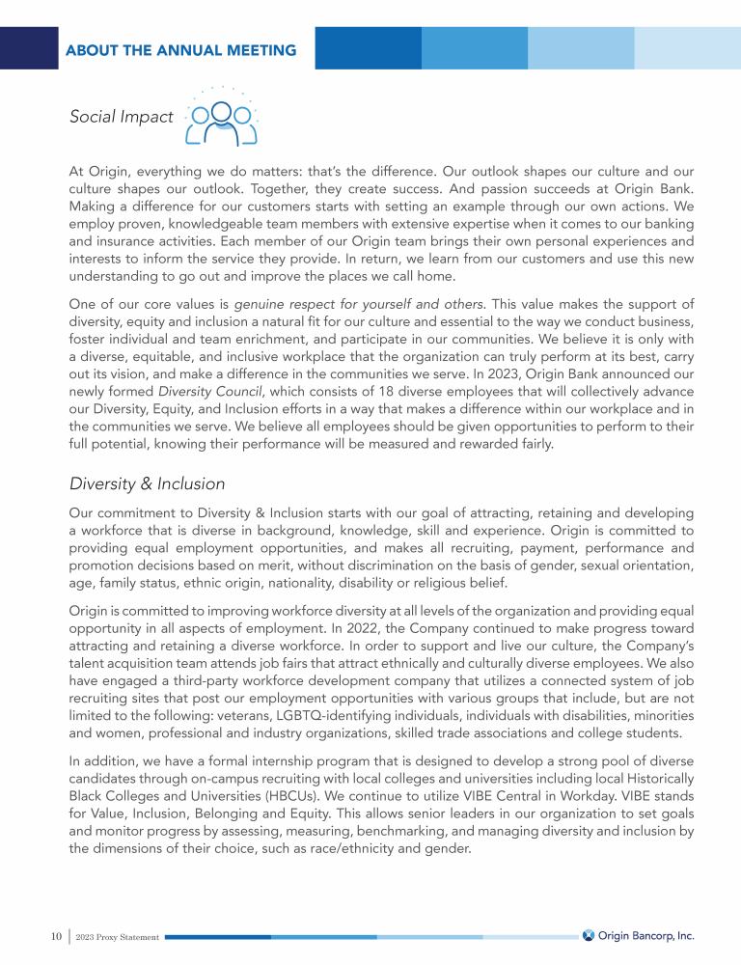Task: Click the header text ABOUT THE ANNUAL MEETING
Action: point(180,50)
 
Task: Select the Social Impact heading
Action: point(121,118)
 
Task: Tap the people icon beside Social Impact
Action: point(222,122)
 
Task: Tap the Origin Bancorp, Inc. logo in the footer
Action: point(638,936)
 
